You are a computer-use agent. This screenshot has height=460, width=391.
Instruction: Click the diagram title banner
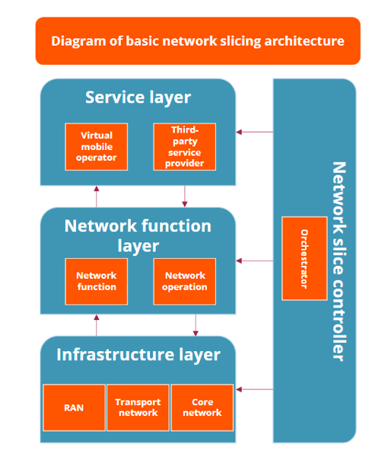click(197, 41)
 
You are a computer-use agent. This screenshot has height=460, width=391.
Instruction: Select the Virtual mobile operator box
click(96, 146)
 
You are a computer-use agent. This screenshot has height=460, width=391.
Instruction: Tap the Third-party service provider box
click(185, 146)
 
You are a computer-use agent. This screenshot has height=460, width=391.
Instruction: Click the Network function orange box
click(97, 281)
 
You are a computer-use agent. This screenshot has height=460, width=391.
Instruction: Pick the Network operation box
click(184, 281)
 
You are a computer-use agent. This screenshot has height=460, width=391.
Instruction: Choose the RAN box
click(74, 407)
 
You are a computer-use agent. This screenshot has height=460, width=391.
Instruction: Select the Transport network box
click(138, 407)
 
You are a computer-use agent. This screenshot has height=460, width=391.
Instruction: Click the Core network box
click(202, 407)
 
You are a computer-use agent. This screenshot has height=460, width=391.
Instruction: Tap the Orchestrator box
click(304, 258)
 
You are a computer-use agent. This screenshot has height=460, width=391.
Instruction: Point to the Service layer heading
click(138, 97)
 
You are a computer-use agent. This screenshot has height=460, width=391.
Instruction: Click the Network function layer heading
click(138, 235)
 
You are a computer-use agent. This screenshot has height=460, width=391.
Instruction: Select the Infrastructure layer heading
click(138, 355)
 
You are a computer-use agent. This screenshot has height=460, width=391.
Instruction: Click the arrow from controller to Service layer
click(254, 132)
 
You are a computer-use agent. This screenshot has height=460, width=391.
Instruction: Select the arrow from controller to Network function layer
click(254, 260)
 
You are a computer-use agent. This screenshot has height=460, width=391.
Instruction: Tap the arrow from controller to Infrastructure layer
click(254, 389)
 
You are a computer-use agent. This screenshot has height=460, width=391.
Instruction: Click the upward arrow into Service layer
click(97, 196)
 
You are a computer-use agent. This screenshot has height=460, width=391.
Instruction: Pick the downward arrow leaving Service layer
click(184, 196)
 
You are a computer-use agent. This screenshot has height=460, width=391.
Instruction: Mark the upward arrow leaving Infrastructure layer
click(97, 324)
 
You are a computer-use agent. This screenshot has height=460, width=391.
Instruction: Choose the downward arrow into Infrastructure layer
click(195, 324)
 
